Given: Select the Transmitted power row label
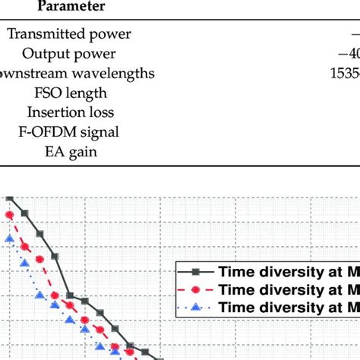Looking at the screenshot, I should point(69,33).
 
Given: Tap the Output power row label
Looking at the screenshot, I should point(69,53).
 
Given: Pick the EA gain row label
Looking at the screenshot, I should point(69,152).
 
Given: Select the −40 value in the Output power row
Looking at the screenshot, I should point(348,53).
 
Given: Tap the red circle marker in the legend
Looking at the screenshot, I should point(197,289).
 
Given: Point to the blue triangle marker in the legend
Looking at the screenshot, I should point(197,307).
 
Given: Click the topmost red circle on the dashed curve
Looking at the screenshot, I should point(10,216).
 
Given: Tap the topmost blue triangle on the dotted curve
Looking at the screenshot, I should point(10,240).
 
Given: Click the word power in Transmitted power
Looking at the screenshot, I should point(111,33).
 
